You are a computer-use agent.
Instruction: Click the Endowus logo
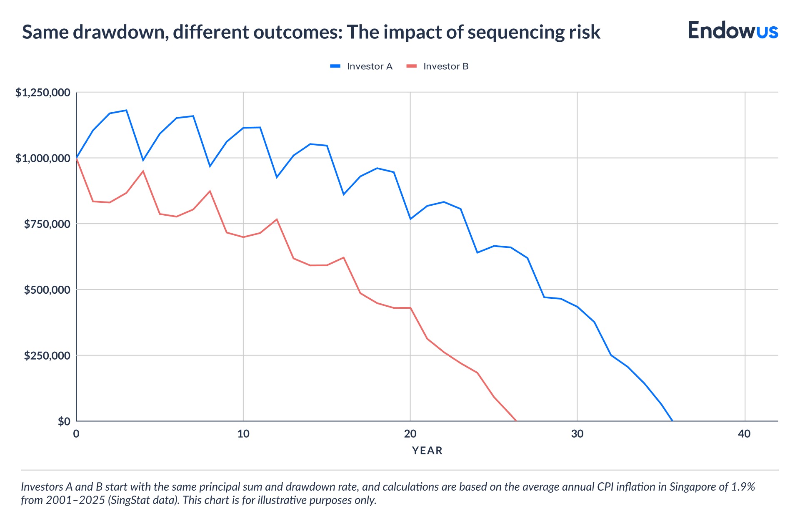[x=732, y=30]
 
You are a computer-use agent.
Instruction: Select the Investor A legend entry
[x=361, y=66]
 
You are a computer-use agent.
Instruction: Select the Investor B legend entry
[x=437, y=66]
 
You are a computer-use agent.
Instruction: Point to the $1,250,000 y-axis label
[x=42, y=93]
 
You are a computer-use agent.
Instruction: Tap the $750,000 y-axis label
[x=47, y=224]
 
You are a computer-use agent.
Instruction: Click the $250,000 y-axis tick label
[x=47, y=355]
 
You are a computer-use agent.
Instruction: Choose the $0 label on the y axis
[x=64, y=421]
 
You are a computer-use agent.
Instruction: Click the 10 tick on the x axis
[x=243, y=434]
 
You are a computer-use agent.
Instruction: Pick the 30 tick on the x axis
[x=577, y=434]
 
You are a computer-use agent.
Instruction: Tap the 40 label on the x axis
[x=744, y=434]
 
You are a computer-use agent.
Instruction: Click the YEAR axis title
[x=427, y=451]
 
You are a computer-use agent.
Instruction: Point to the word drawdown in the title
[x=121, y=33]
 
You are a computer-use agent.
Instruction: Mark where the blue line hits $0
[x=672, y=421]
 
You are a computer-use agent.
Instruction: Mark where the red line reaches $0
[x=516, y=421]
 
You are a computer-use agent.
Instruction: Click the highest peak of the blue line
[x=126, y=110]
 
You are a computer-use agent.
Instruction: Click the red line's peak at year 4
[x=143, y=171]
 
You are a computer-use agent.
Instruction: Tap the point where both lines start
[x=76, y=158]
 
